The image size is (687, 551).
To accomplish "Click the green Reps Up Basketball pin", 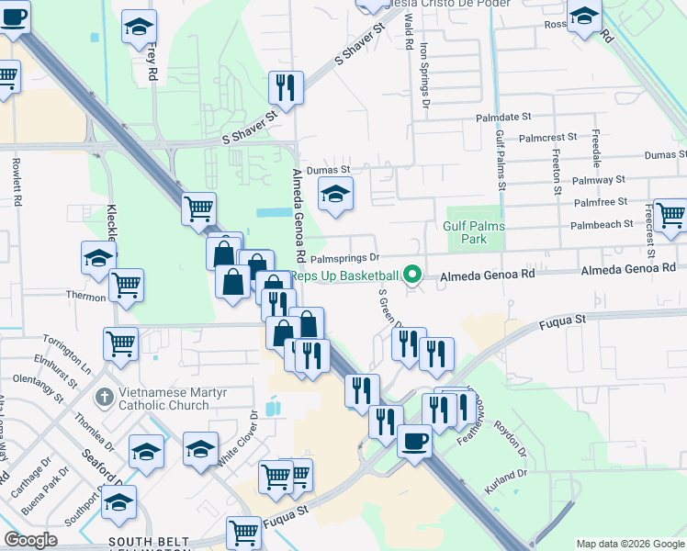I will point(412,275).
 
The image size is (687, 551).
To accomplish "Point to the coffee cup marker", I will point(413,442).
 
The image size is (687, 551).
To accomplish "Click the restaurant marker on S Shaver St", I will point(286,87).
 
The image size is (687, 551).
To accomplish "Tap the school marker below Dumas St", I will point(335,194).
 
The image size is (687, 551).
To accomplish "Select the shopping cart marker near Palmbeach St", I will point(670,215).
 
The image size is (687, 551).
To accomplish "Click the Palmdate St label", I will point(504,118).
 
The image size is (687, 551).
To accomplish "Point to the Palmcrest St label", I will point(547,137).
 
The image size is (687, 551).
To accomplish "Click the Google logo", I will point(31,540).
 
